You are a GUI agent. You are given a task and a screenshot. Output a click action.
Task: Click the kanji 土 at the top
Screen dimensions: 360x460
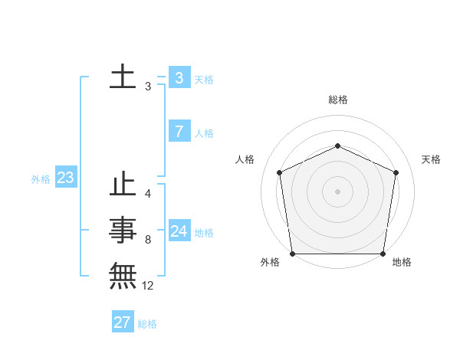pyautogui.click(x=123, y=77)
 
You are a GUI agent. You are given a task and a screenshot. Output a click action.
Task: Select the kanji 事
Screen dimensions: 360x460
pyautogui.click(x=123, y=229)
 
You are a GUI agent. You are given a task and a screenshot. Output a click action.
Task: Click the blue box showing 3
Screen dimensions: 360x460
pyautogui.click(x=179, y=78)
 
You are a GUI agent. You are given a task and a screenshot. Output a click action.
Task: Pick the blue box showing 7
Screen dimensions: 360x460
pyautogui.click(x=179, y=132)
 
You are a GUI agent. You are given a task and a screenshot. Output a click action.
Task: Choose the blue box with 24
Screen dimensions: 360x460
pyautogui.click(x=179, y=231)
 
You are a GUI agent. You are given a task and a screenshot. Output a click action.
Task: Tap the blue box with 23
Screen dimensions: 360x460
pyautogui.click(x=65, y=178)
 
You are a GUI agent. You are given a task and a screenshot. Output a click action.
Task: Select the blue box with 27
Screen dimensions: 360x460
pyautogui.click(x=122, y=322)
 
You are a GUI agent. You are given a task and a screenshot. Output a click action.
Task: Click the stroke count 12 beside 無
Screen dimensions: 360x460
pyautogui.click(x=148, y=286)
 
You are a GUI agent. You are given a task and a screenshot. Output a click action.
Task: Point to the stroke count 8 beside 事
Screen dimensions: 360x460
pyautogui.click(x=147, y=240)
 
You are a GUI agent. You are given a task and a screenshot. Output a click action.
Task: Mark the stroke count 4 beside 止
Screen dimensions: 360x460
pyautogui.click(x=147, y=194)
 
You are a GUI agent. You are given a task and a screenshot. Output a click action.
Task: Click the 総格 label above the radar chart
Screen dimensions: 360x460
pyautogui.click(x=338, y=100)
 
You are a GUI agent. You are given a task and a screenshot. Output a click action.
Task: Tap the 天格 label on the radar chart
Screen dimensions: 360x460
pyautogui.click(x=431, y=159)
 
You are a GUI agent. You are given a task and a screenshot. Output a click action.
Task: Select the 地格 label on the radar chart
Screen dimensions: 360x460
pyautogui.click(x=402, y=263)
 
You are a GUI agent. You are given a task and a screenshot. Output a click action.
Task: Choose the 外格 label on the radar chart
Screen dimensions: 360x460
pyautogui.click(x=271, y=263)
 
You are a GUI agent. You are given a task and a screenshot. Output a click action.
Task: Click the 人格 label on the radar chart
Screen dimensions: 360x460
pyautogui.click(x=245, y=159)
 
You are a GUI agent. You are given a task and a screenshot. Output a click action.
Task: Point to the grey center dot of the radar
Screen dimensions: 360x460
pyautogui.click(x=337, y=191)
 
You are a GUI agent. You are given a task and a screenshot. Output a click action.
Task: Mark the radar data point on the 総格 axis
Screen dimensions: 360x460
pyautogui.click(x=337, y=146)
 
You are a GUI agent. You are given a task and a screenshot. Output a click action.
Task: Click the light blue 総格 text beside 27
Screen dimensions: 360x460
pyautogui.click(x=147, y=324)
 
